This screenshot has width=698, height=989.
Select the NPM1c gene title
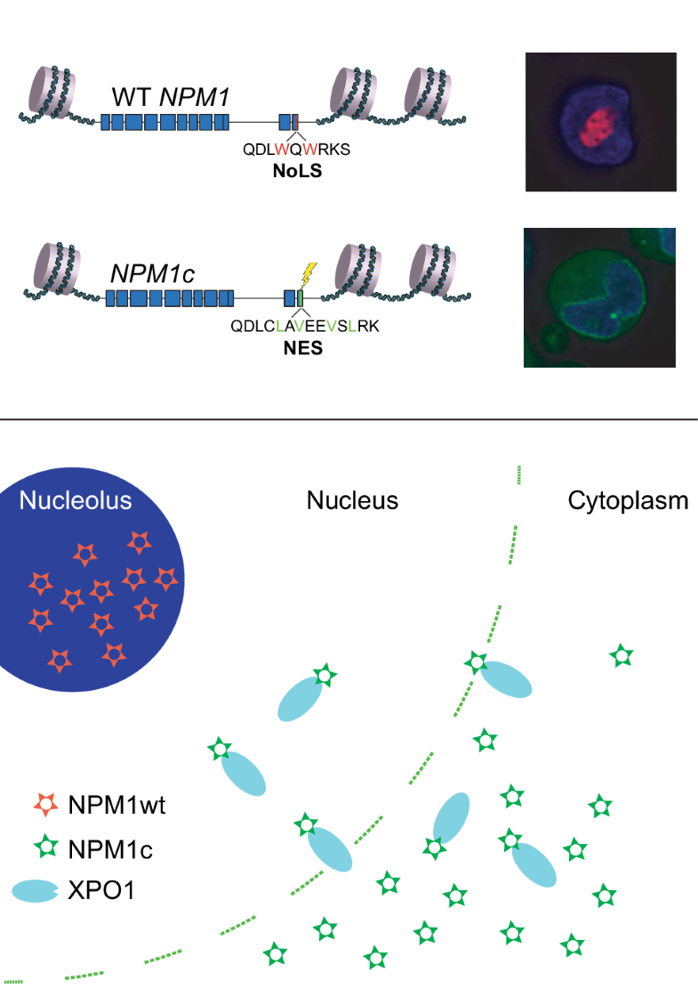152,272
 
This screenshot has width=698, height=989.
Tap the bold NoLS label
297,171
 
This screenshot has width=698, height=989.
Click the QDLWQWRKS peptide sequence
297,150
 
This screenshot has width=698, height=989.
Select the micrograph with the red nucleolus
600,122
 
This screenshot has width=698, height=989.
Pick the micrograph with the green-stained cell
599,296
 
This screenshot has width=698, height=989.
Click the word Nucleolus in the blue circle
76,500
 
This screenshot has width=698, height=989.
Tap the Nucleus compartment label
352,500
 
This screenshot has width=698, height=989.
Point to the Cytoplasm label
628,500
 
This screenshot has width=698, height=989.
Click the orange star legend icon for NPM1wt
44,807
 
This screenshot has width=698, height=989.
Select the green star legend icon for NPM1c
44,849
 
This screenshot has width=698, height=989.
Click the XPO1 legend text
101,891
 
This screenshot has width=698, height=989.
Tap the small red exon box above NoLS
295,123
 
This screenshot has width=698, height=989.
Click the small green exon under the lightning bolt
301,299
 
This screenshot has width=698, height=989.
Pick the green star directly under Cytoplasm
621,657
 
